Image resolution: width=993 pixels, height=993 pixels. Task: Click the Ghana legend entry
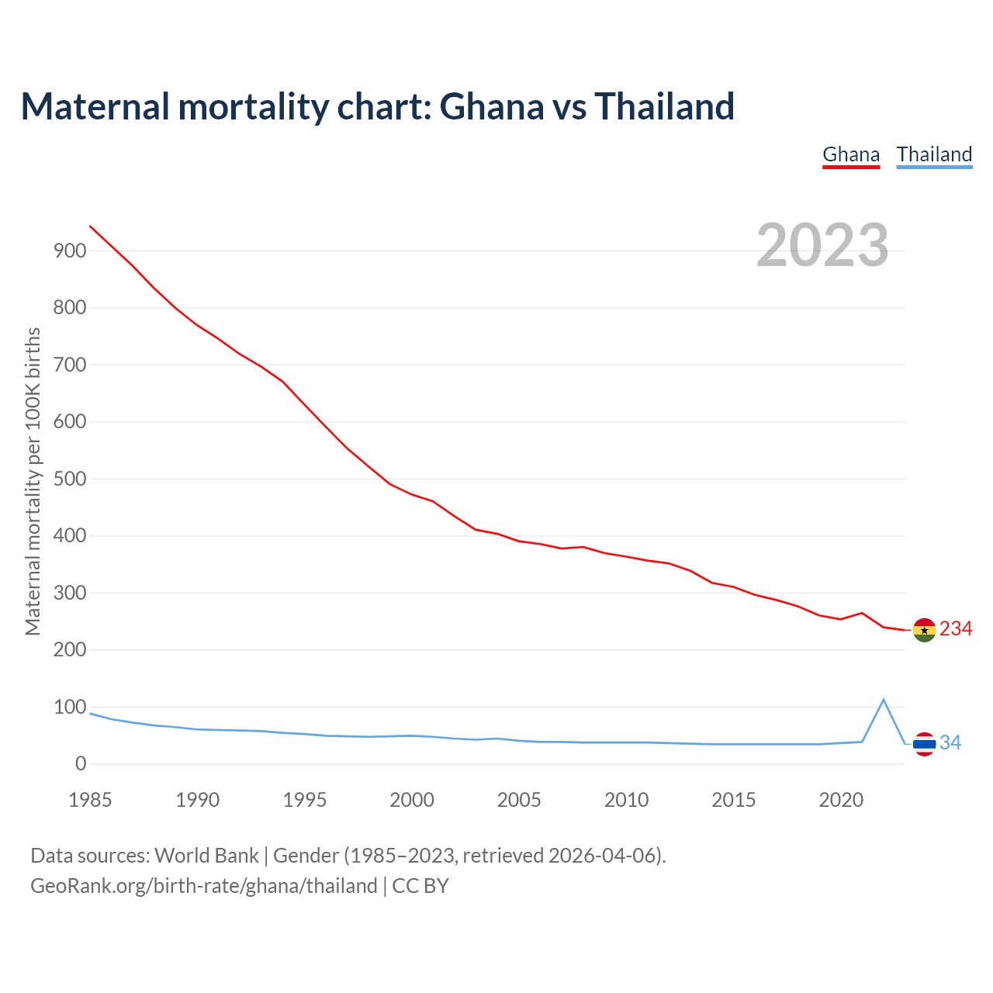(851, 154)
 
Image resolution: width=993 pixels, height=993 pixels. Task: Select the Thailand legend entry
(934, 154)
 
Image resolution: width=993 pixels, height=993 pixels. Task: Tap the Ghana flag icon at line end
(924, 630)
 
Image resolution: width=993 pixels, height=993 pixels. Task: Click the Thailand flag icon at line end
(924, 744)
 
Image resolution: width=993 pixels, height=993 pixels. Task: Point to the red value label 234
(956, 629)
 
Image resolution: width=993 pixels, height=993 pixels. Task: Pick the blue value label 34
(950, 743)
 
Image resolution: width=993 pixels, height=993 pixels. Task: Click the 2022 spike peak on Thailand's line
(883, 700)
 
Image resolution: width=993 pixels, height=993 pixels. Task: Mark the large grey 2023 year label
(822, 245)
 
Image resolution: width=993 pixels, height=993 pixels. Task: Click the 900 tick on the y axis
(70, 251)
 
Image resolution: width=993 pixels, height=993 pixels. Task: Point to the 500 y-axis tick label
(70, 479)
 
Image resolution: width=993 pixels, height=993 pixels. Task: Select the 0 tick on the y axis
(81, 764)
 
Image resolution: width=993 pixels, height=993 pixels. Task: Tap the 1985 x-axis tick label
(90, 800)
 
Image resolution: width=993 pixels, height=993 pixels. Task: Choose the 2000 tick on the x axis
(412, 800)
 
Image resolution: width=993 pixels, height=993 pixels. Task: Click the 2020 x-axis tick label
(841, 800)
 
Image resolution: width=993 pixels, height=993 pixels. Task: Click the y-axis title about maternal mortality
(33, 481)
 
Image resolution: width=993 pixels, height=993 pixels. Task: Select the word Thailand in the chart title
(664, 106)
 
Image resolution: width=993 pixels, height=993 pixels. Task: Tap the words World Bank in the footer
(206, 856)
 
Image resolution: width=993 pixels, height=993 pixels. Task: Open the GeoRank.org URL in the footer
(203, 886)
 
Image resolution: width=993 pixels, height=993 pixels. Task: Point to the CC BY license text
(420, 886)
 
